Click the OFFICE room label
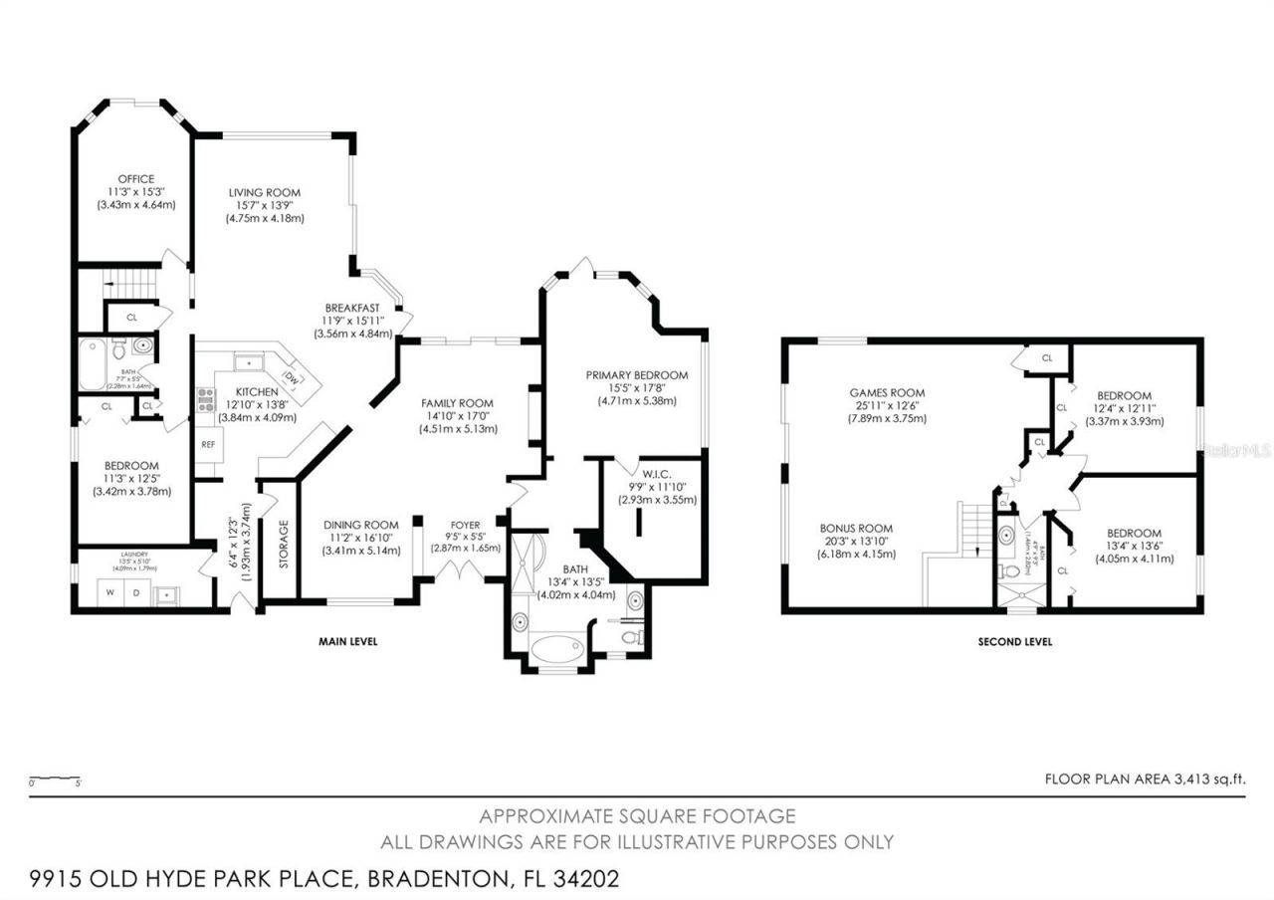(x=135, y=179)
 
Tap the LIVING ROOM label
(x=264, y=192)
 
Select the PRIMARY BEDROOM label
(x=637, y=375)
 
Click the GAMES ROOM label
(x=886, y=393)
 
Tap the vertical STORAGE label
(x=283, y=544)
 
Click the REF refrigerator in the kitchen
(x=209, y=444)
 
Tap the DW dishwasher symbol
(x=292, y=377)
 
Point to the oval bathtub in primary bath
(x=557, y=650)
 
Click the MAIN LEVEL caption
(x=347, y=642)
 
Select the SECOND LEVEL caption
(x=1014, y=642)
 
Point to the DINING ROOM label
(x=360, y=525)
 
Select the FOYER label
(x=465, y=525)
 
